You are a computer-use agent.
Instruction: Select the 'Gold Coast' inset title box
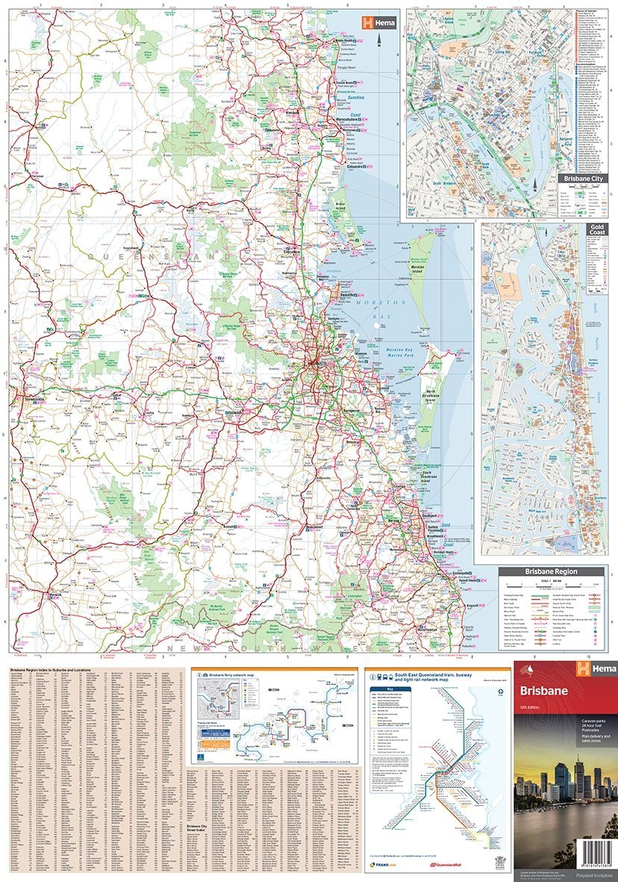point(597,229)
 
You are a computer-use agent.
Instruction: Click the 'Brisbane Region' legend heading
point(551,571)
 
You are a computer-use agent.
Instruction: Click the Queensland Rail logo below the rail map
point(448,865)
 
